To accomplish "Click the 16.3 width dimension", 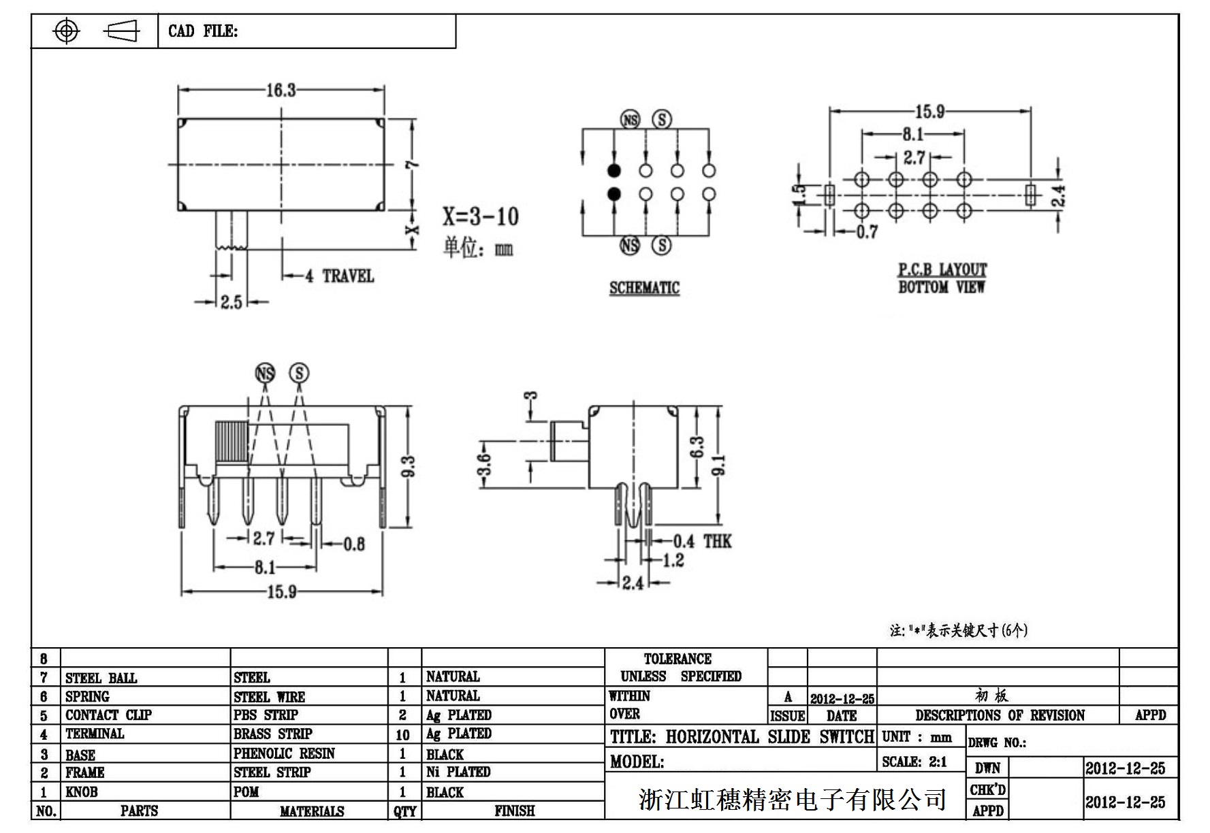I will pos(281,90).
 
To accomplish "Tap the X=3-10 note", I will pos(481,216).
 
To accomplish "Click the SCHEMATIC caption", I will pos(644,288).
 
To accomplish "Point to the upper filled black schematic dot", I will pos(614,170).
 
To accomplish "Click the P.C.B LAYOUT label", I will pos(942,269).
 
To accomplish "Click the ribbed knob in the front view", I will pos(231,442).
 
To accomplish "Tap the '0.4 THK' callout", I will pos(702,541).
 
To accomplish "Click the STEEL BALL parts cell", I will pos(101,678).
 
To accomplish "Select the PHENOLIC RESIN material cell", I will pos(284,753).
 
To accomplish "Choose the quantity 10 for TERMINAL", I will pos(402,734).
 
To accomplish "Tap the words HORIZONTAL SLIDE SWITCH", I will pos(769,737).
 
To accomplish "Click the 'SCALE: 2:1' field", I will pos(914,762).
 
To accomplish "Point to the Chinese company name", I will pos(793,799).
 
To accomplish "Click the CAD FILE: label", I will pos(203,31).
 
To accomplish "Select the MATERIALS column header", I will pos(312,811).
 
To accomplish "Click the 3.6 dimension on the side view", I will pos(484,464).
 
